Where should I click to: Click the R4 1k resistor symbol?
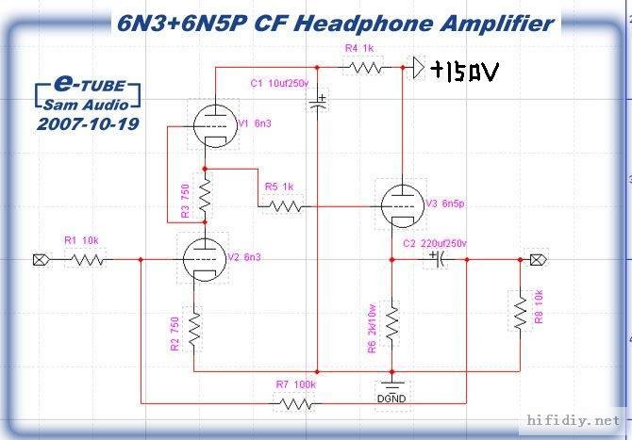tap(364, 67)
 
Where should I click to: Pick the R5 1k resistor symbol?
tap(283, 204)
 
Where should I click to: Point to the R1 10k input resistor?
tap(87, 259)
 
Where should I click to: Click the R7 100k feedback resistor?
tap(295, 402)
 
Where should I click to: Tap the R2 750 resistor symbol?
tap(193, 330)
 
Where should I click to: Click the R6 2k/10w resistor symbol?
tap(391, 323)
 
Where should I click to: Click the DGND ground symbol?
tap(391, 387)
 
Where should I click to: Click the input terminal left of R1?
tap(40, 259)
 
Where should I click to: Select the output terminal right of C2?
tap(537, 259)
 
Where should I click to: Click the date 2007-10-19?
tap(85, 123)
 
